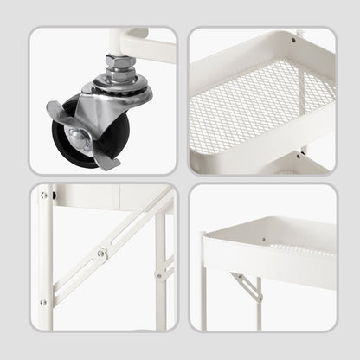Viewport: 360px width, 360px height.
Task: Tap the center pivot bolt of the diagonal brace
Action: [102, 254]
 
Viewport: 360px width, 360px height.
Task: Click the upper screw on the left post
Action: [43, 196]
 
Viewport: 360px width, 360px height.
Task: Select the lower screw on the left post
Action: [43, 303]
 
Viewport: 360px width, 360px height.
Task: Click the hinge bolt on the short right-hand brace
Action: [158, 276]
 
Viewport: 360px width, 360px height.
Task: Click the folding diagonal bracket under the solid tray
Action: [246, 286]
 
